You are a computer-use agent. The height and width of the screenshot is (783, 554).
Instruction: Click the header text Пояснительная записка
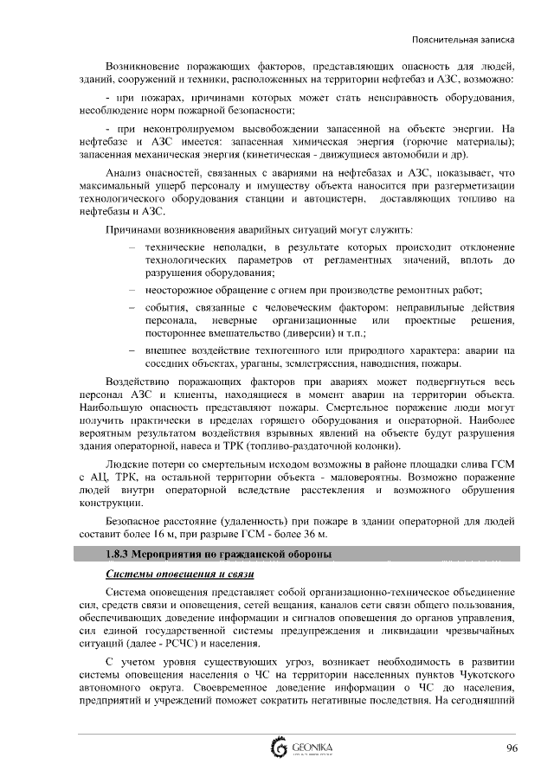[464, 40]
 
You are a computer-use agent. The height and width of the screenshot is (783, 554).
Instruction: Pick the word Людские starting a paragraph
[126, 465]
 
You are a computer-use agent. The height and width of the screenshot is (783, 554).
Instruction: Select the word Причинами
[133, 229]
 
